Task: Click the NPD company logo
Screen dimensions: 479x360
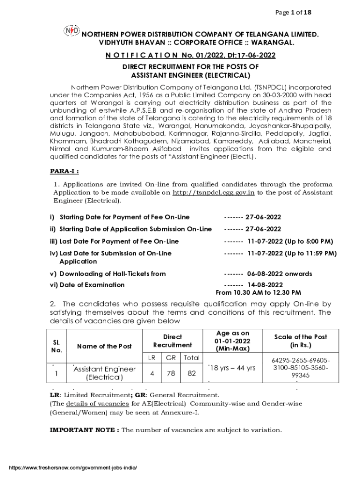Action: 71,30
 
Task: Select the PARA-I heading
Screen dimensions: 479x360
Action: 64,171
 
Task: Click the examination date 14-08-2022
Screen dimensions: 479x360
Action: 265,285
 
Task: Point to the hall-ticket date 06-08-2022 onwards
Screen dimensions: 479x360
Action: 280,274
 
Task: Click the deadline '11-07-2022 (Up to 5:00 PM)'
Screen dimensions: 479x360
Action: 290,241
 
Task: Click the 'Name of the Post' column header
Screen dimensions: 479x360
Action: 104,346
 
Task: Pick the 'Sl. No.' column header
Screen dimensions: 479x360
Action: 57,346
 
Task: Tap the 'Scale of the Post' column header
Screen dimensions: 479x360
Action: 300,341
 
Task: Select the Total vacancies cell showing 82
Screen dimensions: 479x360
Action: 191,373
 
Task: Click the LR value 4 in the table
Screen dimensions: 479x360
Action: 152,373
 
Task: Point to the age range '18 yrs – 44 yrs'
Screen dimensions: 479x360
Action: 232,368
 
